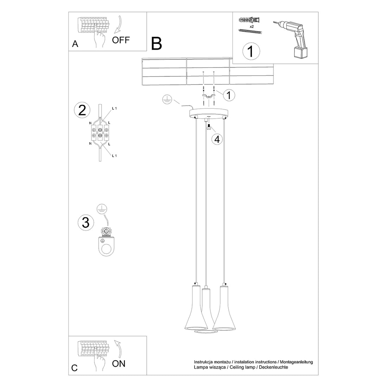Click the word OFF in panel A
tap(121, 40)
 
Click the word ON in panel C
tap(119, 363)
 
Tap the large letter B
tap(157, 43)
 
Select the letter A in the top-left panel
tap(75, 44)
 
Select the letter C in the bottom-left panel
tap(74, 368)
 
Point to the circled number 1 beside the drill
tap(251, 51)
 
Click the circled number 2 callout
tap(82, 110)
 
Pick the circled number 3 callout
tap(85, 222)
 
